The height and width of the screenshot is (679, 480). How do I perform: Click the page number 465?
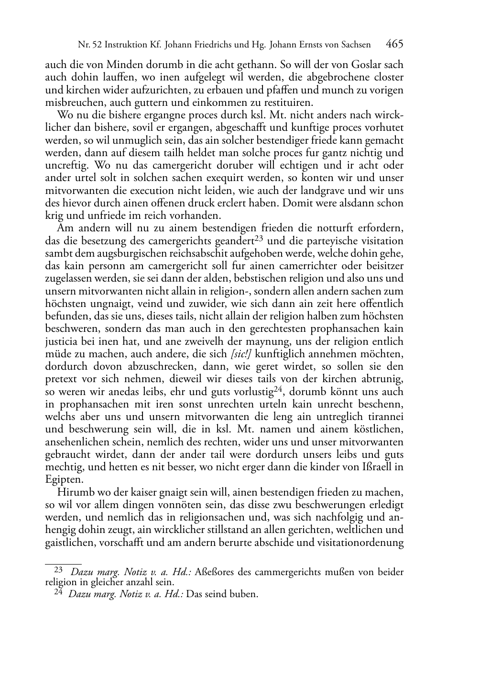[x=394, y=44]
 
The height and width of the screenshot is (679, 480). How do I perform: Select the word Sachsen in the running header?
[x=354, y=45]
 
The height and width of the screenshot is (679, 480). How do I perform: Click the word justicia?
[x=61, y=342]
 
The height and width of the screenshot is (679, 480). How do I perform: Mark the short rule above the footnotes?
[x=63, y=558]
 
